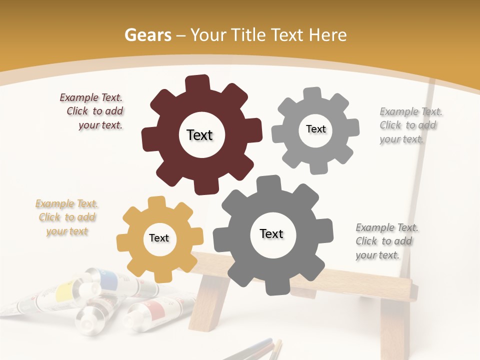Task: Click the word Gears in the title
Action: coord(147,35)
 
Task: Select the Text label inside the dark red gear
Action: coord(199,135)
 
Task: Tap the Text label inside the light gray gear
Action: coord(315,129)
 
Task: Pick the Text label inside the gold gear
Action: coord(159,238)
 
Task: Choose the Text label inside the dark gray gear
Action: coord(271,233)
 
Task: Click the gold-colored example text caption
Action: coord(67,217)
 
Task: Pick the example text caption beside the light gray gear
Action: coord(410,125)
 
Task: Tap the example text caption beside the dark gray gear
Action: coord(386,241)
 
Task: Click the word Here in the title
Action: coord(328,35)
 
